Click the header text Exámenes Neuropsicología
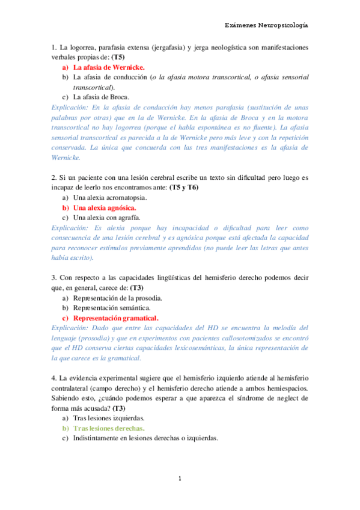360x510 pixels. click(266, 25)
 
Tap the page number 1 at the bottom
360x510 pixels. click(180, 479)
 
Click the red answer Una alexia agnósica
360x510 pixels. click(105, 207)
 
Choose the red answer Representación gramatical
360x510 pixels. click(115, 318)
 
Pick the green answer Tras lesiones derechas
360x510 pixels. click(109, 428)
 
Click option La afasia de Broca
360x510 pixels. click(101, 96)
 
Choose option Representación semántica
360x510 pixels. click(108, 308)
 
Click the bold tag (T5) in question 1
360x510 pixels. click(120, 57)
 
